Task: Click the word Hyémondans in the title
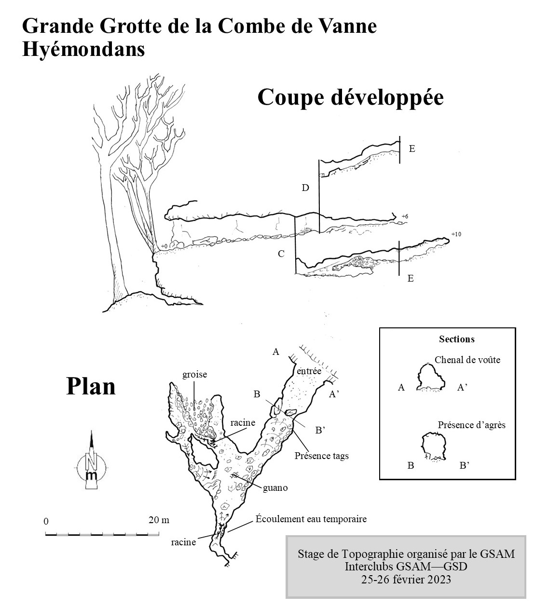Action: [83, 50]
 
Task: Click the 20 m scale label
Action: [159, 520]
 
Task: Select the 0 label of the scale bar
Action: [46, 521]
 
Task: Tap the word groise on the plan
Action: [194, 375]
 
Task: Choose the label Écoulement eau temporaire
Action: [311, 519]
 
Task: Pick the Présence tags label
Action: [322, 456]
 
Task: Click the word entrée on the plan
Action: [309, 371]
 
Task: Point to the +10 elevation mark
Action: [456, 234]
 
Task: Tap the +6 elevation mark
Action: [405, 216]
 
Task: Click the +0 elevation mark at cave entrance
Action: [164, 246]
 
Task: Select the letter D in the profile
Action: [305, 188]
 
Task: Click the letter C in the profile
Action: [281, 254]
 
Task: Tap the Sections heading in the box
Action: [457, 339]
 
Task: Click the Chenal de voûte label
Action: [467, 360]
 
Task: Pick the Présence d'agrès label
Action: [472, 425]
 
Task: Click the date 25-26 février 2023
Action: [406, 579]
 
